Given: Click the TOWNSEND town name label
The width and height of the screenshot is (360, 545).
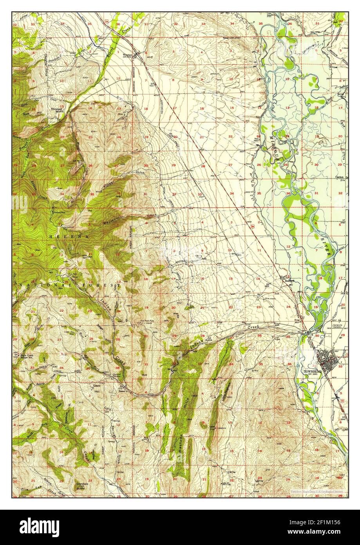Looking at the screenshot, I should [x=312, y=371].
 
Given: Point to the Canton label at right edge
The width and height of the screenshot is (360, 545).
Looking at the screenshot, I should [x=340, y=177].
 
